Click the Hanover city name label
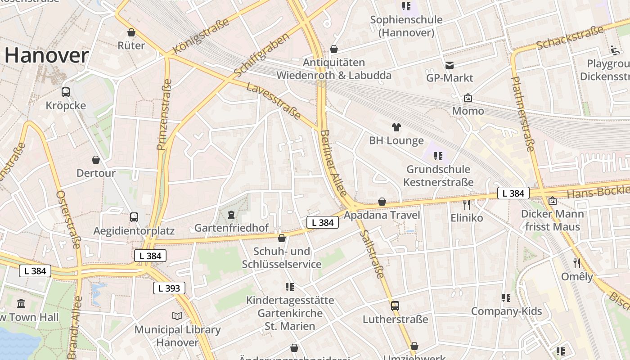(46, 56)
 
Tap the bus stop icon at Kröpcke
(66, 92)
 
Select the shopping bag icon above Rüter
(131, 32)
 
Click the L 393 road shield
(169, 288)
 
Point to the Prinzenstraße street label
(164, 115)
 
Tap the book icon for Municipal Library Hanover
(177, 316)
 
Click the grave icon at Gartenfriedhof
(231, 214)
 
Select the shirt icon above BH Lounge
(396, 127)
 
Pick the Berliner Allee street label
(334, 163)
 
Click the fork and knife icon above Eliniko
(467, 205)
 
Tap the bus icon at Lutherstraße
(395, 306)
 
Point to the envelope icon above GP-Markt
(450, 65)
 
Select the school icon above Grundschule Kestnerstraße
(438, 156)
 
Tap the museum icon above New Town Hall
(21, 303)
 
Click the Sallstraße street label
(373, 254)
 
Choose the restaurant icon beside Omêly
(577, 263)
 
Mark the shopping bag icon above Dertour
(96, 160)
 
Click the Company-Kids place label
(506, 311)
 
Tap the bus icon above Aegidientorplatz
(134, 217)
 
